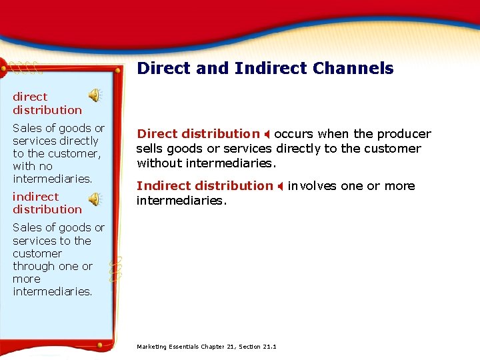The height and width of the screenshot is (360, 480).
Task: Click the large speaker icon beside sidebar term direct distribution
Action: click(x=96, y=96)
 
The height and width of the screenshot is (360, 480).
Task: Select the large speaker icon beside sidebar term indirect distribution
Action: click(x=96, y=199)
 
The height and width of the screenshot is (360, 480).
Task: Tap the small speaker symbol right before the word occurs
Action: click(x=267, y=135)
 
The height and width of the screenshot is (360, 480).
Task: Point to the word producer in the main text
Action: click(x=405, y=134)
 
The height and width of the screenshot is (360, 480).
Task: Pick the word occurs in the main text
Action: click(x=293, y=134)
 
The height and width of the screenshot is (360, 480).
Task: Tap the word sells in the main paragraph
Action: click(x=150, y=148)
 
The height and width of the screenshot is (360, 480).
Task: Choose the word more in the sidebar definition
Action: click(x=26, y=279)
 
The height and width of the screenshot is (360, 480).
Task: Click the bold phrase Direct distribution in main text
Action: click(x=198, y=134)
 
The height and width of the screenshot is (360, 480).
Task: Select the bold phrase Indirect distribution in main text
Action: click(x=205, y=186)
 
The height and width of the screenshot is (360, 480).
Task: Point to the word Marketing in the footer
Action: click(x=152, y=347)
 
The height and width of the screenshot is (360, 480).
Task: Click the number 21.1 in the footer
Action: click(x=269, y=347)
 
